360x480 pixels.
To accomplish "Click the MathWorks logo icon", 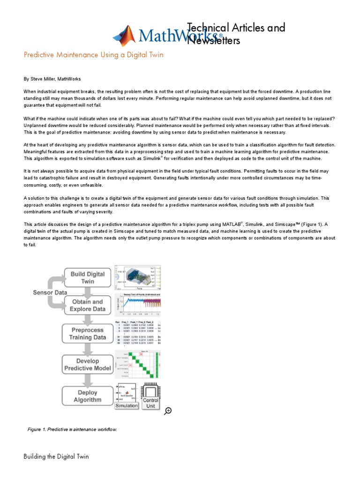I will (x=124, y=36).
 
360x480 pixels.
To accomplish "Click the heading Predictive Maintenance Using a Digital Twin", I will (x=94, y=55).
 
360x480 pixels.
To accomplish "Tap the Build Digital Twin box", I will (x=88, y=277).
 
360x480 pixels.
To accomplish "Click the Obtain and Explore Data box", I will (x=88, y=305).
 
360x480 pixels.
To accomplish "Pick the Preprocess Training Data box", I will (x=88, y=333).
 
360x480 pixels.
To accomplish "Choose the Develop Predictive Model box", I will (x=88, y=365).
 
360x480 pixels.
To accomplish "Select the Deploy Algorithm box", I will (x=88, y=396).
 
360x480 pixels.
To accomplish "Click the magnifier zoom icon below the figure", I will (x=168, y=411).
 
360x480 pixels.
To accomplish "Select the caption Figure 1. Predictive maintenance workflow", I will (x=72, y=429).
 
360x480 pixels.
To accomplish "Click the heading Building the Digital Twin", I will (x=56, y=456).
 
